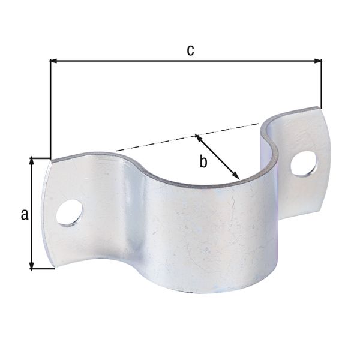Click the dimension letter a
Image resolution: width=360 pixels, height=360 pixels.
point(25,214)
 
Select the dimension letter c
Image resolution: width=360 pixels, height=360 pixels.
point(190,50)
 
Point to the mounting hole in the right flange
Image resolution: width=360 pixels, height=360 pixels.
point(304,164)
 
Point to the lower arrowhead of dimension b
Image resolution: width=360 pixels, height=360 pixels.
point(238,176)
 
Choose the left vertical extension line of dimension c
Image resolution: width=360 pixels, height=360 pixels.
point(50,108)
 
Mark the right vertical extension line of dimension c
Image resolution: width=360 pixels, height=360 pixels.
point(322,84)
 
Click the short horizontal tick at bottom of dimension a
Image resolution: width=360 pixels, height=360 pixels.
point(42,268)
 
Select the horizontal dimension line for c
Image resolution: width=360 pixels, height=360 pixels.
point(150,61)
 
